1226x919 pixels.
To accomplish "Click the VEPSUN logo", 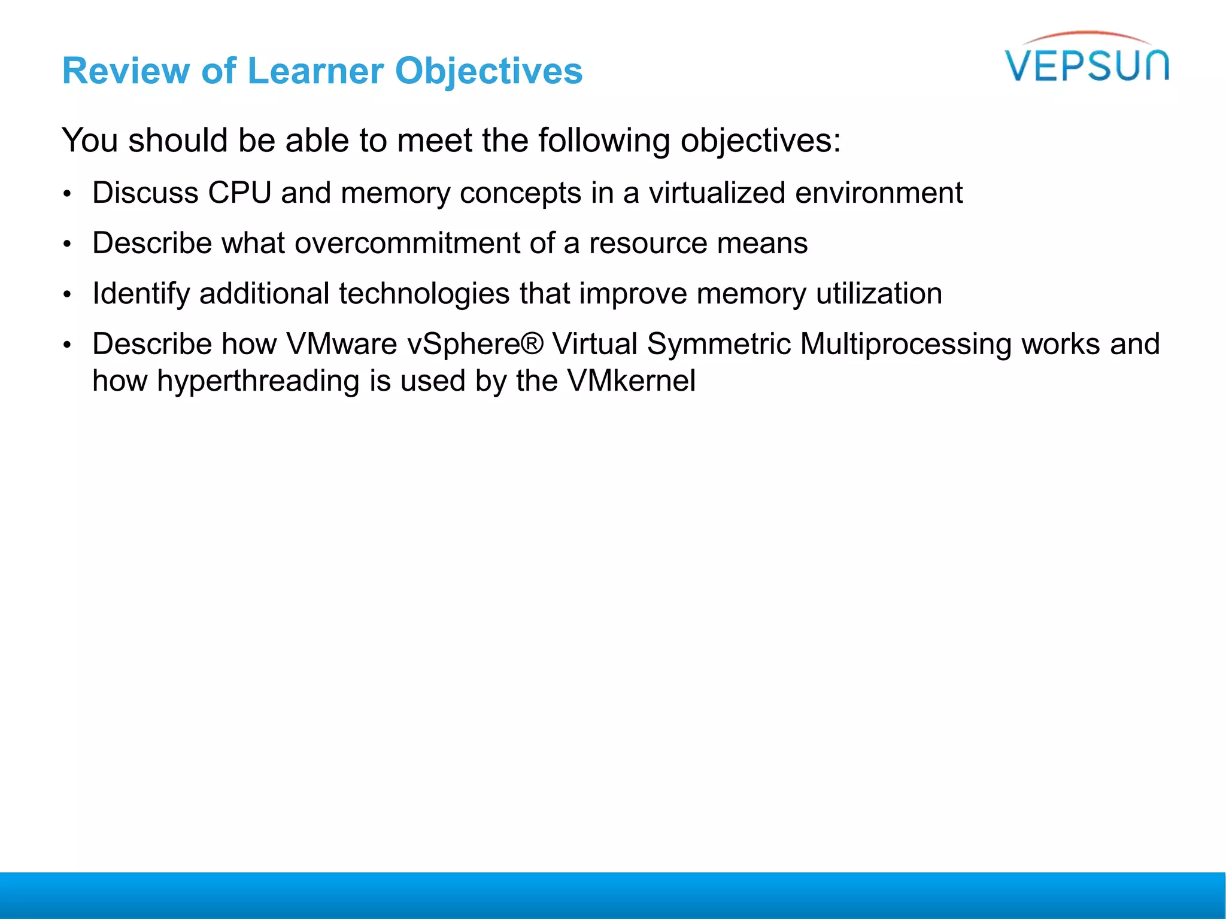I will point(1087,60).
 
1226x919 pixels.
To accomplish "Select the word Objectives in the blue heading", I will point(488,71).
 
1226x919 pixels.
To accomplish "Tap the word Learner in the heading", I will point(315,71).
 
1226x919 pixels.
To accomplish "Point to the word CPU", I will point(239,193).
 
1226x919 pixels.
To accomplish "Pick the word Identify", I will point(141,294).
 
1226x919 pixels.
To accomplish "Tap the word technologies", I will point(424,294).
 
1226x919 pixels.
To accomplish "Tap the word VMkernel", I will point(632,381).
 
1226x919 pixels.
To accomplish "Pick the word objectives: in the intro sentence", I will point(760,141).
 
